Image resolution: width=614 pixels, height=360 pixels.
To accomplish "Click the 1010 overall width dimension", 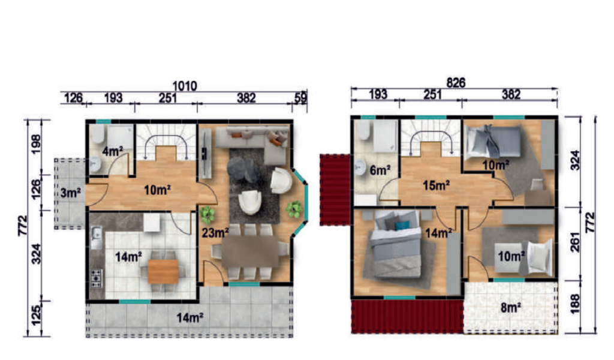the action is (185, 86).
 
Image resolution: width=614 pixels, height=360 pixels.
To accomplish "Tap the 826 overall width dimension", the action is (456, 83).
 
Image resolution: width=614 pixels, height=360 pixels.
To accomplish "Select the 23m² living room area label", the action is (215, 233).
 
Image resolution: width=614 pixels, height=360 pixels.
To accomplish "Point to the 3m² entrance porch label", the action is (71, 193).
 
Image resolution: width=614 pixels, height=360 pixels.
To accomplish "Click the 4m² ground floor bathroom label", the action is (113, 151).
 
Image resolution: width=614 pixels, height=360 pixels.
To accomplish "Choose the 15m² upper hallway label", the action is (437, 185).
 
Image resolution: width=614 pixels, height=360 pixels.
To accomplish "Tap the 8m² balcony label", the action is (511, 308).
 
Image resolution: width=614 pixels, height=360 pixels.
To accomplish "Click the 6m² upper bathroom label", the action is (380, 170).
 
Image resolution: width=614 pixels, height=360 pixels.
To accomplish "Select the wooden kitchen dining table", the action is (163, 271).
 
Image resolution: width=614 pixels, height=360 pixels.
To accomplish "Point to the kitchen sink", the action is (96, 238).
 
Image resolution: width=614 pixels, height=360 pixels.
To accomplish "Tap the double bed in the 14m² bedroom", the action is (396, 244).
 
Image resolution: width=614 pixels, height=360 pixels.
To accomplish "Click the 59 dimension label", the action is (300, 98).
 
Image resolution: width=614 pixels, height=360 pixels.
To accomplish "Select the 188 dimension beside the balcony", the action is (575, 304).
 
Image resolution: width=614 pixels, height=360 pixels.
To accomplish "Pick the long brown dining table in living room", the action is (250, 251).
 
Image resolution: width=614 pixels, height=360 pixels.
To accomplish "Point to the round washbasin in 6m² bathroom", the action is (360, 167).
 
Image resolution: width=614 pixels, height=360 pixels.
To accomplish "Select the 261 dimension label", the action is (575, 242).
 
